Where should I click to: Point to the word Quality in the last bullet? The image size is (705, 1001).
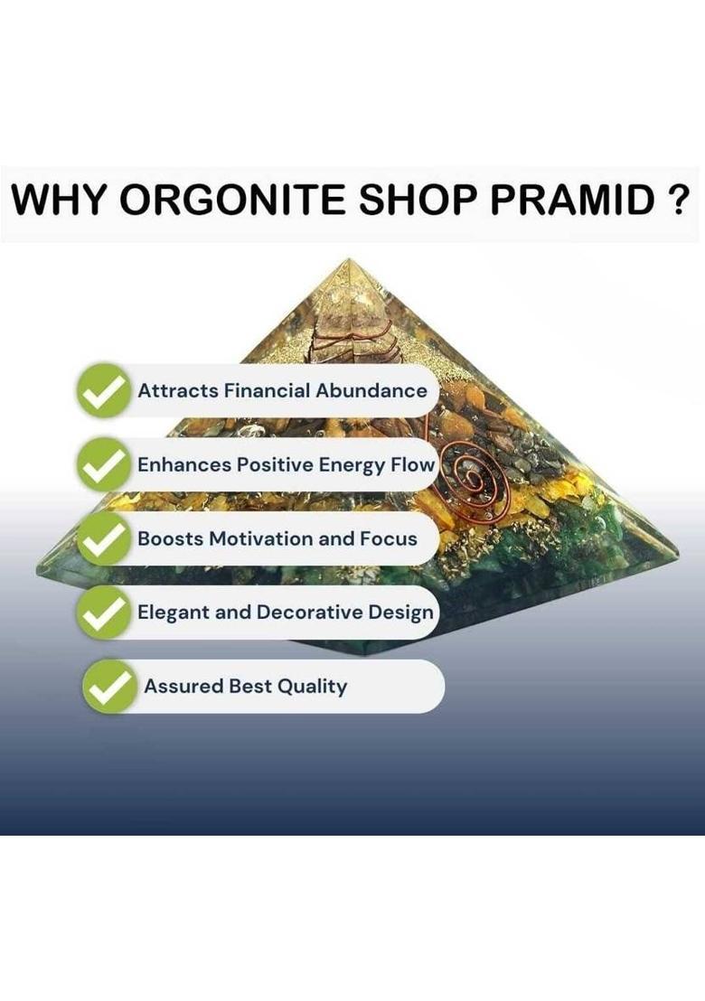tap(312, 687)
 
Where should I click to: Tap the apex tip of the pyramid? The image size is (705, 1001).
tap(350, 261)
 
